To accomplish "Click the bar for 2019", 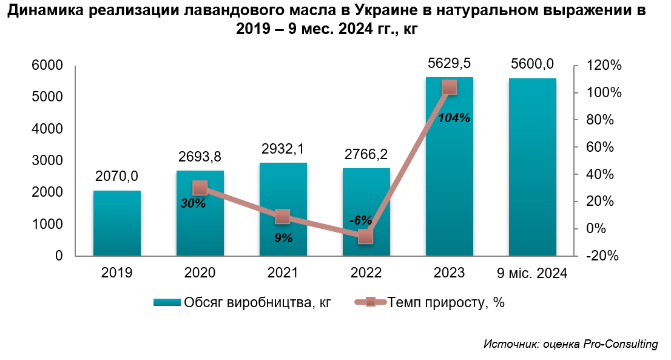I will coord(117,223).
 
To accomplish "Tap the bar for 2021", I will coord(283,209).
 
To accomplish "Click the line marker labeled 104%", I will coord(449,87).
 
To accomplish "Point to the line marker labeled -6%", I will coord(365,237).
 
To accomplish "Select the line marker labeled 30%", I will coord(200,188).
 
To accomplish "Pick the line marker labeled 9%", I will coord(283,216).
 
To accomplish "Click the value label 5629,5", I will coord(450,63).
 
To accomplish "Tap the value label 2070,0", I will coord(117,176).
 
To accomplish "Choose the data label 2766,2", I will coord(366,154).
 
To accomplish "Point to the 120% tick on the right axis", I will coord(604,66).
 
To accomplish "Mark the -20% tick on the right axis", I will coord(602,256).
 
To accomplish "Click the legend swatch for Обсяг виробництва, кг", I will coord(167,302).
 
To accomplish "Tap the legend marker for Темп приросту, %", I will coord(371,302).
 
